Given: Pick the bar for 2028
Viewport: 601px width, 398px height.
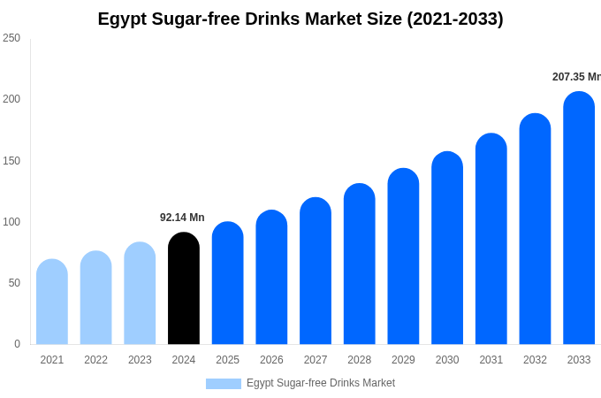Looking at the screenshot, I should [360, 264].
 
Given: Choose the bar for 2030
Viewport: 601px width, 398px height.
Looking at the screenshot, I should [447, 249].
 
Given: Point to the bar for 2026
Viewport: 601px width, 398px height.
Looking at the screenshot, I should [271, 278].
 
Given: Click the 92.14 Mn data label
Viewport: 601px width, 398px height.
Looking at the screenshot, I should [182, 218].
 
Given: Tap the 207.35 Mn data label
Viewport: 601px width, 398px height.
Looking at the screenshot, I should [575, 77].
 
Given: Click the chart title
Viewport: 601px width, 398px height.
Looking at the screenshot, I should [300, 19].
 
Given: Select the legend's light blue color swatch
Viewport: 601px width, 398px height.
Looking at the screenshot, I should [224, 384].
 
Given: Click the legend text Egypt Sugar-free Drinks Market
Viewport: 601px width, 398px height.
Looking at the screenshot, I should [321, 383].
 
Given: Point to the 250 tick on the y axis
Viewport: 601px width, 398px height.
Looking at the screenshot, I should [11, 38].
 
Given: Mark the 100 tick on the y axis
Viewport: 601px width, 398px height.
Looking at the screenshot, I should [11, 222].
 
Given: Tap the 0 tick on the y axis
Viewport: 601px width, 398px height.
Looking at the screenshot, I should [17, 344].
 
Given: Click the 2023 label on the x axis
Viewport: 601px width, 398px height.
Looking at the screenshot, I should [140, 360].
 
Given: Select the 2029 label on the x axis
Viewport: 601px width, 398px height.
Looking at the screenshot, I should [403, 360].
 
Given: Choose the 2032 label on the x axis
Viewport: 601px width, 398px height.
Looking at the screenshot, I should [535, 360].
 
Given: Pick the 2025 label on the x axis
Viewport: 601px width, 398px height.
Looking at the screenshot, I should [228, 360].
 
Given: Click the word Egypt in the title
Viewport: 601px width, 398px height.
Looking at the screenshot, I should [122, 19].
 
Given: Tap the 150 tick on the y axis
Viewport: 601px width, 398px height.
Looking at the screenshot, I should [11, 161].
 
